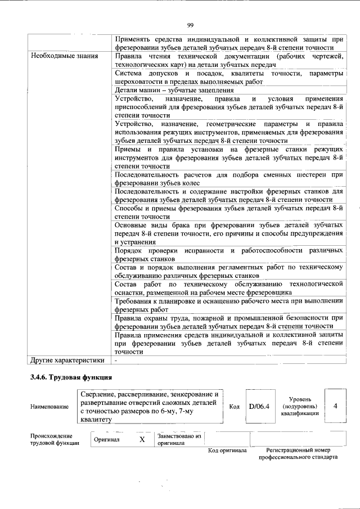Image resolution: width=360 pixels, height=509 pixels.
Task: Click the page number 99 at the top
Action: [x=190, y=24]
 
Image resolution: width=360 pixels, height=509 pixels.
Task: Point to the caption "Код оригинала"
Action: [x=227, y=451]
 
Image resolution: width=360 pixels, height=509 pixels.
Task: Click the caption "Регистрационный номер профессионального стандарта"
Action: [x=298, y=454]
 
